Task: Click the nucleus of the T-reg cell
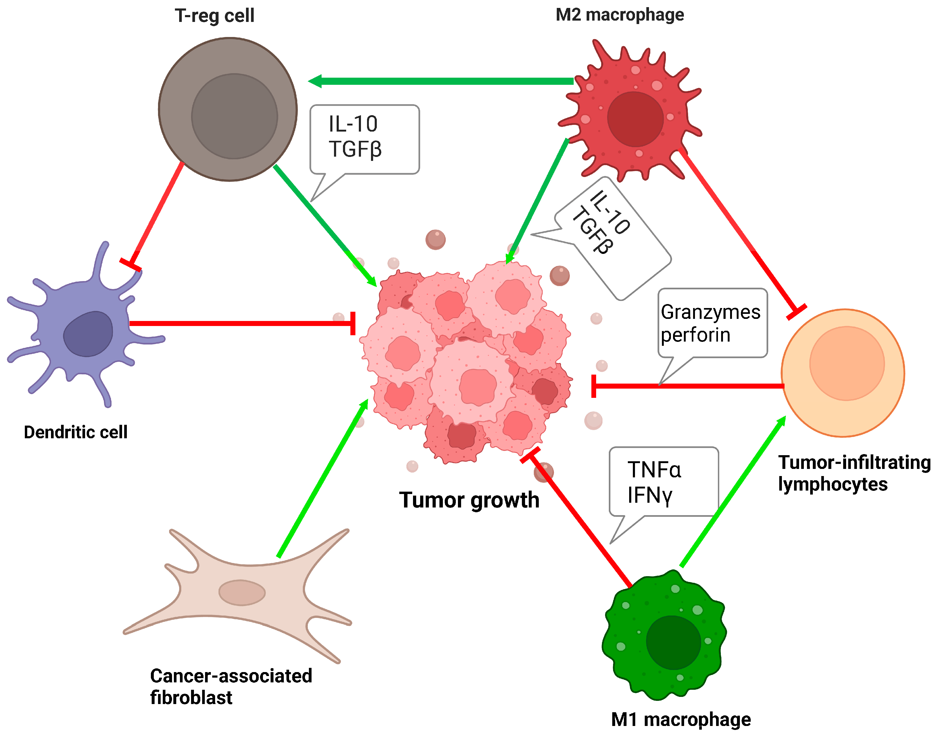[234, 116]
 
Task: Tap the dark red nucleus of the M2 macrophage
[635, 119]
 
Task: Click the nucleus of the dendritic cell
[88, 334]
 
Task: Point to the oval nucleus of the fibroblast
[242, 593]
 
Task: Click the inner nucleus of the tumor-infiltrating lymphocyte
[846, 363]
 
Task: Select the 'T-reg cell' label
[214, 16]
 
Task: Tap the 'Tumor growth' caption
[469, 500]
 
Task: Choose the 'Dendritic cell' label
[75, 432]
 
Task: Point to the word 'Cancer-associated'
[231, 676]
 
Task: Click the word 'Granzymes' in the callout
[710, 312]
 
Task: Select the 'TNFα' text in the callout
[654, 470]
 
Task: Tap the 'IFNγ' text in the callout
[650, 495]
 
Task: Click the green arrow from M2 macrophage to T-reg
[444, 81]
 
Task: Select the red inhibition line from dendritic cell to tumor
[241, 323]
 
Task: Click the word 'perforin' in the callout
[695, 335]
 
